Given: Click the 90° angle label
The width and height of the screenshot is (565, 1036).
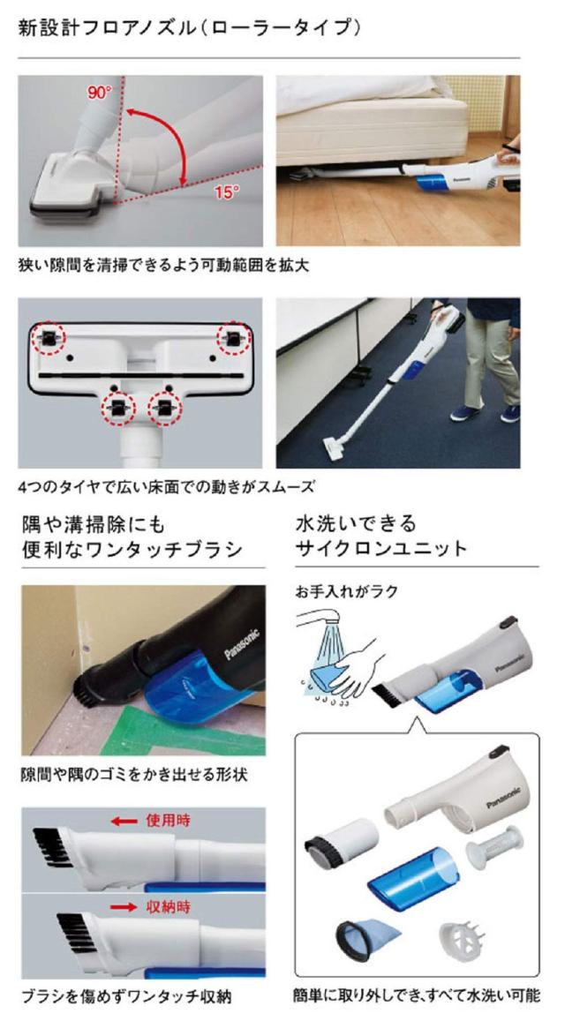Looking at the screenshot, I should click(x=100, y=93).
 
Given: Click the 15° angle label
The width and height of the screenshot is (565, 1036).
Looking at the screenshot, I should click(x=226, y=191).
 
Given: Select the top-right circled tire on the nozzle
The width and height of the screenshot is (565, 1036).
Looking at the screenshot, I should click(x=234, y=335).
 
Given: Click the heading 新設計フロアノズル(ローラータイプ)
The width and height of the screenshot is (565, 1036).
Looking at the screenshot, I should click(x=189, y=28).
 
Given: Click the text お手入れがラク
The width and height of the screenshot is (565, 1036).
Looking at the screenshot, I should click(x=347, y=591).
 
